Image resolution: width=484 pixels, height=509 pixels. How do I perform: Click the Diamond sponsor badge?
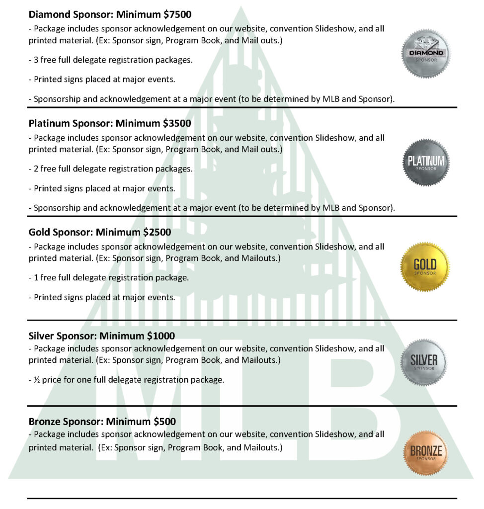point(425,54)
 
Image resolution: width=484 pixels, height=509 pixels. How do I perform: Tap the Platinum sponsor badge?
point(425,163)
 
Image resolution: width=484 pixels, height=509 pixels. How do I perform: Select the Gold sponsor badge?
point(425,266)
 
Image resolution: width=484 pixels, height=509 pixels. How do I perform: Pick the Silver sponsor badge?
point(424,362)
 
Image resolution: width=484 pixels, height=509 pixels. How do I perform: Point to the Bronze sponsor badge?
point(425,452)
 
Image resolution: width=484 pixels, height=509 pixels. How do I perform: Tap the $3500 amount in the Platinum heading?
point(175,123)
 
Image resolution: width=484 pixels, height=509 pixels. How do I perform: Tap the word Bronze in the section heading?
point(44,422)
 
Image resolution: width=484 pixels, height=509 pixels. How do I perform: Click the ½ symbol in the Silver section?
point(37,380)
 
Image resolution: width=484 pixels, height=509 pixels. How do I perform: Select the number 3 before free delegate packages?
point(36,60)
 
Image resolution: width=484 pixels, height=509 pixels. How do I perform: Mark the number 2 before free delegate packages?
point(36,169)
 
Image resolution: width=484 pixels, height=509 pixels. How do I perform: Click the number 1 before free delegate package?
point(36,277)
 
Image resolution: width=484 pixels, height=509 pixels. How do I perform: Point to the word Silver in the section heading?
point(41,336)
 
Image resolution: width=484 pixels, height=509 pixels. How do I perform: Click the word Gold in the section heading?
point(39,232)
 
